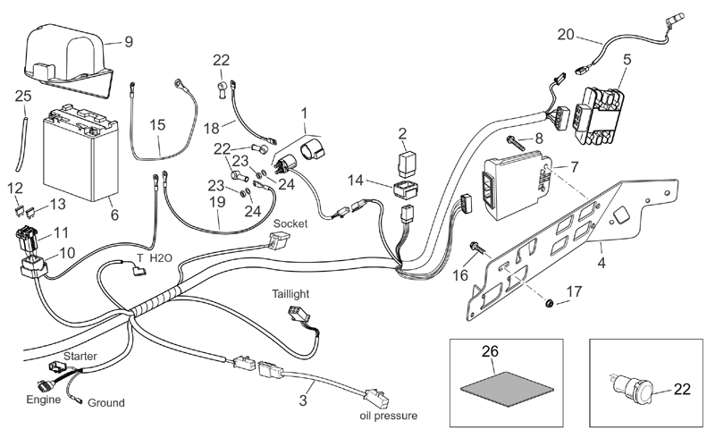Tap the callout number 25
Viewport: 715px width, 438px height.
pos(23,95)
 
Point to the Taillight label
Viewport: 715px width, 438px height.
pos(293,293)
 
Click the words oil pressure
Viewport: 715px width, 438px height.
pos(387,416)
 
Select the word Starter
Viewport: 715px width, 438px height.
pos(80,356)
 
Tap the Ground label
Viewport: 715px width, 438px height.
pos(105,403)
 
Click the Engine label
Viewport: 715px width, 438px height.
pos(43,400)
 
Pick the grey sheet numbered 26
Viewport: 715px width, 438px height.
pos(497,378)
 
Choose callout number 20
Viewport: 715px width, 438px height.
pos(566,36)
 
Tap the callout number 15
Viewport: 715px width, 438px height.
pos(157,124)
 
